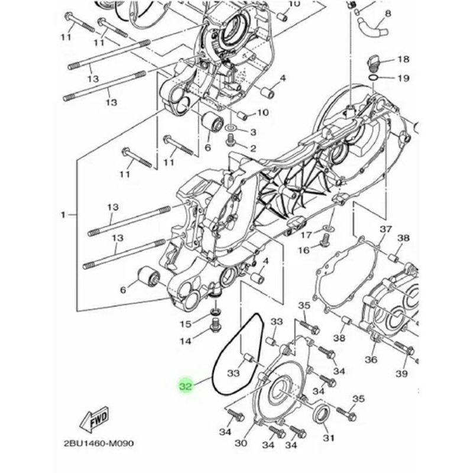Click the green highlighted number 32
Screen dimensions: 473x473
coord(186,386)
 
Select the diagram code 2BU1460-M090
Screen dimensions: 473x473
coord(99,443)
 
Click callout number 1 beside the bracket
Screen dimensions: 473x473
coord(63,215)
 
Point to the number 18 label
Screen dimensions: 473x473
coord(403,59)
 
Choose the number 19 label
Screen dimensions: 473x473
coord(404,78)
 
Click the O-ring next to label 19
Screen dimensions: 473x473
coord(374,77)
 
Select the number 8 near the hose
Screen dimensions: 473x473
coord(388,13)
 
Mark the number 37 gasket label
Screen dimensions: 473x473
coord(385,229)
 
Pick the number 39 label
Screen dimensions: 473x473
coord(402,374)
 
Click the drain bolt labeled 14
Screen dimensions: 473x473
coord(214,326)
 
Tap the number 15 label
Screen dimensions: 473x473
coord(186,324)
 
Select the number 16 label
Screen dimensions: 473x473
coord(304,250)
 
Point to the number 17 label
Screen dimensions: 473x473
coord(306,235)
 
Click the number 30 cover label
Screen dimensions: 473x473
coord(241,443)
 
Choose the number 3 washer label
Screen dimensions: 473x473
coord(253,132)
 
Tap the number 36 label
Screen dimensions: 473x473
coord(371,359)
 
